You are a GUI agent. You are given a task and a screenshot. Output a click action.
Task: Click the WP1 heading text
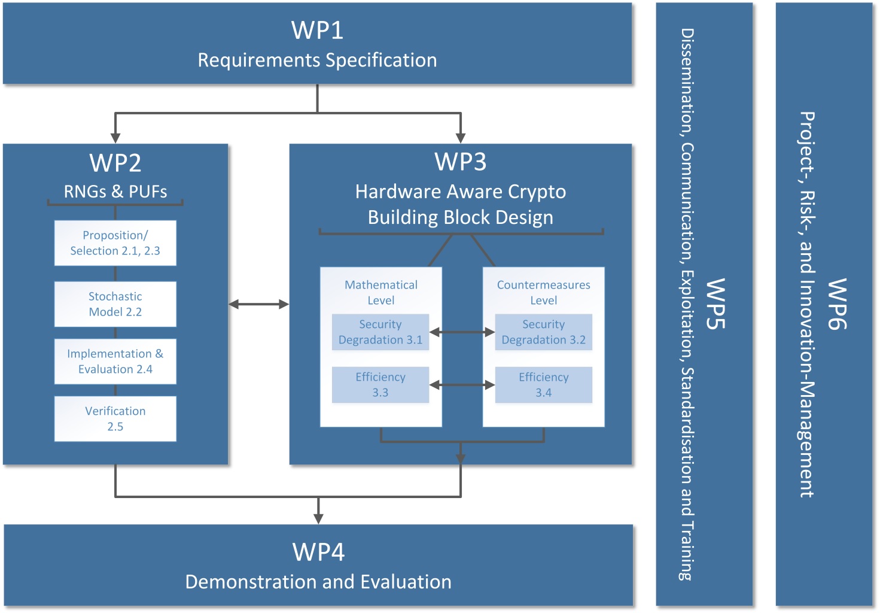tap(317, 30)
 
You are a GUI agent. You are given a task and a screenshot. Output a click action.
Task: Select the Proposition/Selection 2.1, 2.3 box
tap(115, 243)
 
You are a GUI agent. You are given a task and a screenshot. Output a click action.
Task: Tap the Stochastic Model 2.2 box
tap(115, 304)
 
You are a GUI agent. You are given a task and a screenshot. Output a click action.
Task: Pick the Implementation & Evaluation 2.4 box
tap(115, 362)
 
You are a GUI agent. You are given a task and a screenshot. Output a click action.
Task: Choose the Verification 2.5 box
tap(115, 419)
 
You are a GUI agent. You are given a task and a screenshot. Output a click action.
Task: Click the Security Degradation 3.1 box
tap(380, 332)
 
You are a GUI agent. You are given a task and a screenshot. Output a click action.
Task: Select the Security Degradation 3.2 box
tap(543, 332)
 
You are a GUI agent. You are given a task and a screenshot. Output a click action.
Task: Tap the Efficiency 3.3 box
tap(380, 385)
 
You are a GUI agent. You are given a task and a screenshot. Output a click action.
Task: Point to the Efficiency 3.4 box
tap(543, 385)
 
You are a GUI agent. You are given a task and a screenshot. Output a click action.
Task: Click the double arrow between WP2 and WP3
tap(258, 304)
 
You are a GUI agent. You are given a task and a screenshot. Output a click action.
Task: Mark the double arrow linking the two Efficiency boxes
tap(462, 385)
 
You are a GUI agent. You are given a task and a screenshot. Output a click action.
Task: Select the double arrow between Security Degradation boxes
tap(462, 332)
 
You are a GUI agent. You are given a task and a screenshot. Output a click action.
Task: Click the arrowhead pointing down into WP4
tap(318, 518)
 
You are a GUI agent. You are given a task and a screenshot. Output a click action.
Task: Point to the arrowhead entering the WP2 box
tap(115, 137)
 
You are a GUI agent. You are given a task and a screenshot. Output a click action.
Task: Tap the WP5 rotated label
tap(715, 304)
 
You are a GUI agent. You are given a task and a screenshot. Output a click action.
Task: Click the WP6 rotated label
tap(836, 304)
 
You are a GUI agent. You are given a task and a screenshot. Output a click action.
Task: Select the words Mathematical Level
tap(381, 292)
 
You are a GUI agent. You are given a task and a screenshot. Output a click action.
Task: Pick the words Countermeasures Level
tap(543, 292)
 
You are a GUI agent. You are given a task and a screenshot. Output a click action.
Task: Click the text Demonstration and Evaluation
tap(318, 582)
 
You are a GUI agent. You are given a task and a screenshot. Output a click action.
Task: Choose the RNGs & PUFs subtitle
tap(115, 192)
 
